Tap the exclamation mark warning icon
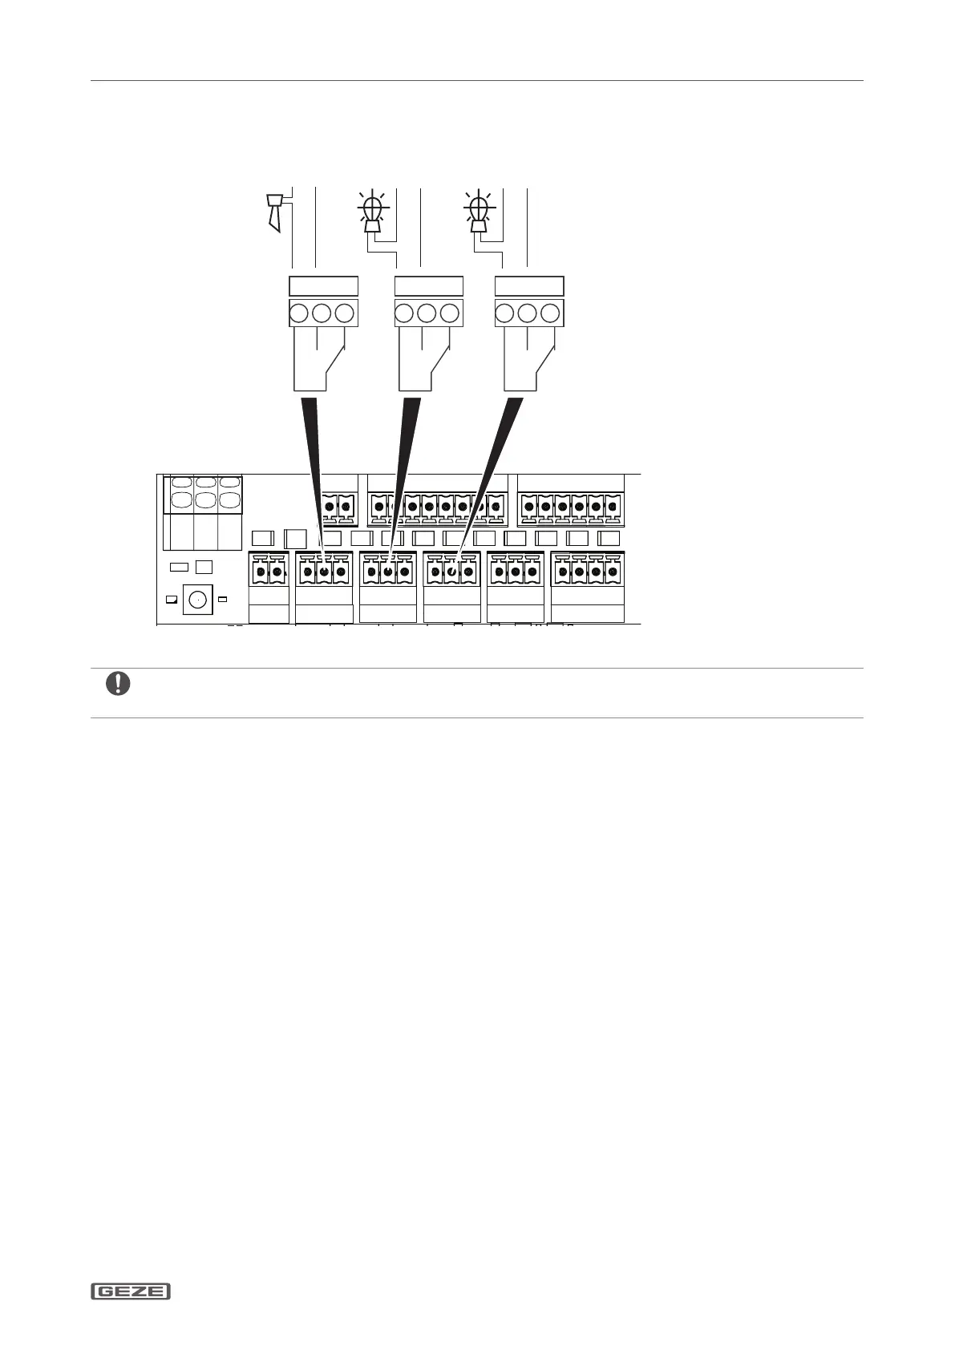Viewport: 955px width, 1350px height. (x=118, y=684)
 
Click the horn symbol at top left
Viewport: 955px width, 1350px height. (x=275, y=211)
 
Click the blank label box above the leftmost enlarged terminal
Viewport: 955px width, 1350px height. (x=322, y=286)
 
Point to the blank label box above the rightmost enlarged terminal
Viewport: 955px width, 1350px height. (x=528, y=286)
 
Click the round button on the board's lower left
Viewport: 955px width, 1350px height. (x=196, y=599)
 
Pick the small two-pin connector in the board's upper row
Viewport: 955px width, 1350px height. (x=338, y=506)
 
